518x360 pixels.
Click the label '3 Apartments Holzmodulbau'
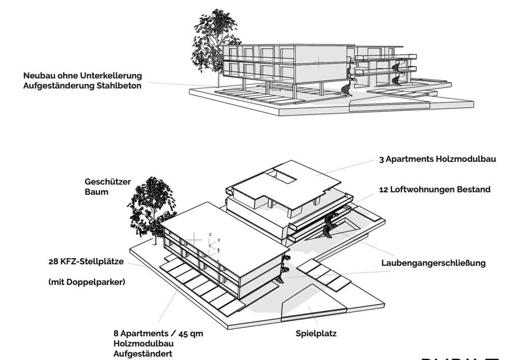(x=437, y=160)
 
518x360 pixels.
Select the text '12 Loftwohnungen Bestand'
(x=434, y=190)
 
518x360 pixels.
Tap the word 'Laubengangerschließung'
(x=434, y=263)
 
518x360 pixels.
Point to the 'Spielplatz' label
(x=316, y=334)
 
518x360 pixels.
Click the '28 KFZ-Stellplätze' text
(x=86, y=262)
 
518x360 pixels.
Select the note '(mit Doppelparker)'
(x=87, y=282)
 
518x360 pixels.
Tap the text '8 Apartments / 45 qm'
(x=158, y=334)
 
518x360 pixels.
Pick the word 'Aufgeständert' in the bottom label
(x=143, y=354)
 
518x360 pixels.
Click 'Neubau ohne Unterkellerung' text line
(x=82, y=76)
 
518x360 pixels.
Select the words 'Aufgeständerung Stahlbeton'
(x=82, y=86)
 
